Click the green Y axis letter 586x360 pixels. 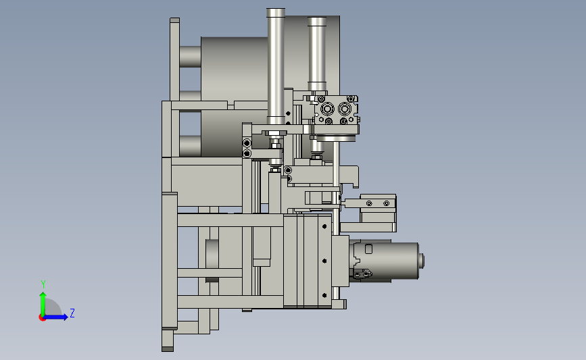43,284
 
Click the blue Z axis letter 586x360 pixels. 72,313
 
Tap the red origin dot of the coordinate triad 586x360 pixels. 42,318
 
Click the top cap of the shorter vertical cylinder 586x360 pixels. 317,22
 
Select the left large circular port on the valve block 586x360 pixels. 327,109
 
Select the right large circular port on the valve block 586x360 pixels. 344,109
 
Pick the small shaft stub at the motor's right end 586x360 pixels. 421,261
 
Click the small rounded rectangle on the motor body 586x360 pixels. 368,249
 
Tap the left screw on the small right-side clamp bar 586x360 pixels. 369,203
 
